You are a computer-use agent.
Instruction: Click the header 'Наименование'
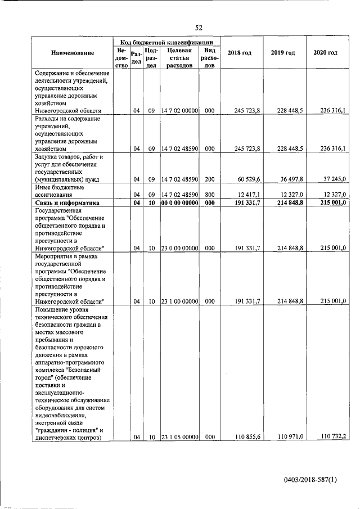(x=72, y=53)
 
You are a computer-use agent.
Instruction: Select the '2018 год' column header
(x=239, y=53)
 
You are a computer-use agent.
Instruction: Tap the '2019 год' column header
(x=282, y=53)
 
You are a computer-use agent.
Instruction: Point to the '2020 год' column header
(x=326, y=53)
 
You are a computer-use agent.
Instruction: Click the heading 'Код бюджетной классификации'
(x=166, y=42)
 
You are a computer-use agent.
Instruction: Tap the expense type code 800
(x=209, y=194)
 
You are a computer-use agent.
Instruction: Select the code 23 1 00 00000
(x=179, y=301)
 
